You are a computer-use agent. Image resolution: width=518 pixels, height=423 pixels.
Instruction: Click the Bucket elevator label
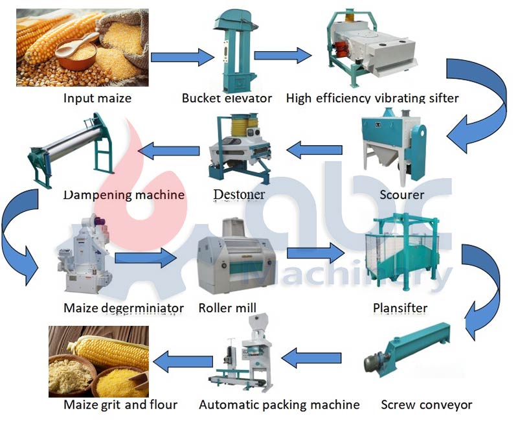click(x=227, y=98)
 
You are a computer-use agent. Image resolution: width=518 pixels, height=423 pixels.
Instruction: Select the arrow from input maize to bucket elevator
click(x=182, y=56)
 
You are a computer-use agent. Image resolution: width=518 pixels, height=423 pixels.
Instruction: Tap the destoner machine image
click(x=239, y=148)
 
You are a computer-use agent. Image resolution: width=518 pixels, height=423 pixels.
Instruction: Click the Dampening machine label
click(x=124, y=194)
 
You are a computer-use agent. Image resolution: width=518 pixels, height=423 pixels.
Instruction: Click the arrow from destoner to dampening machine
click(x=169, y=152)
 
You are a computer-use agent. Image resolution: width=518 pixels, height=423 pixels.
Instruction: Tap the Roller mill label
click(x=227, y=308)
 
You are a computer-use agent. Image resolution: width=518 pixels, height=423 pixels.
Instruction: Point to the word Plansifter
click(x=400, y=308)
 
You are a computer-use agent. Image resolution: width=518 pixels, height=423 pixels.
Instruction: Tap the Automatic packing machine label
click(x=279, y=405)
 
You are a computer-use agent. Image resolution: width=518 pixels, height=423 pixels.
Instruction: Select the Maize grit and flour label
click(x=120, y=405)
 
